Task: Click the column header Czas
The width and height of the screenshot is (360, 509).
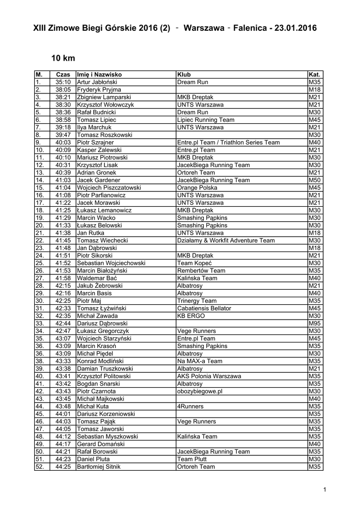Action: coord(63,74)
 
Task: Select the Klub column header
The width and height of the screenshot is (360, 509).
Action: coord(184,74)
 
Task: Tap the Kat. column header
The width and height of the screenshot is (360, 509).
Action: coord(314,74)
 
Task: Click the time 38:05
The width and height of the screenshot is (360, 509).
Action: coord(63,89)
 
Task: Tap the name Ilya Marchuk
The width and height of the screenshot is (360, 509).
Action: coord(94,127)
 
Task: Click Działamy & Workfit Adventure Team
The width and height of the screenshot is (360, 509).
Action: coord(226,241)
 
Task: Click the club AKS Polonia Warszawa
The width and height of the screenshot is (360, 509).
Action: coord(209,376)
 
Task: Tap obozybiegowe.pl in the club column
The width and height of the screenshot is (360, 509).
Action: coord(199,392)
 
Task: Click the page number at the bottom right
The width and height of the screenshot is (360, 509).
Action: coord(324,491)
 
